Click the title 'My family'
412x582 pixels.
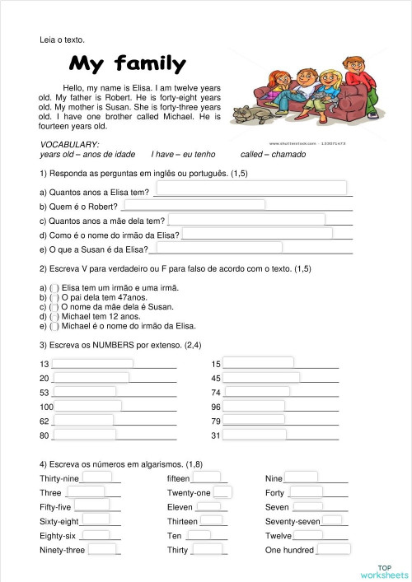(127, 63)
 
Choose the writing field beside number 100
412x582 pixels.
(89, 406)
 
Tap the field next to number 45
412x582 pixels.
(260, 377)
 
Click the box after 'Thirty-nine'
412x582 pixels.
(96, 477)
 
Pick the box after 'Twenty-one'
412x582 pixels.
(222, 492)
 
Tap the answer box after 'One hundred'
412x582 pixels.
(334, 549)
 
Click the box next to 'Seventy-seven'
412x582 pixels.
(332, 520)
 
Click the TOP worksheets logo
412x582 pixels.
(383, 570)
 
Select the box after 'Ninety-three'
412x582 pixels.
(102, 549)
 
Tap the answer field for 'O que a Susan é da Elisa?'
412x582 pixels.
(216, 248)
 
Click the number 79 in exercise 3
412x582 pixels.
(216, 421)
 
